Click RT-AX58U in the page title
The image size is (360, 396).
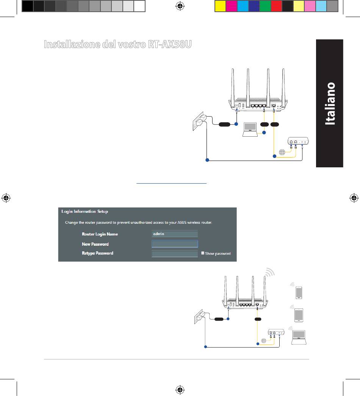[x=169, y=44]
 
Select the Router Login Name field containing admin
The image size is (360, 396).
[x=175, y=234]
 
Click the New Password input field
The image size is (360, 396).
[x=175, y=244]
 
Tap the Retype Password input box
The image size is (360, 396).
[x=175, y=253]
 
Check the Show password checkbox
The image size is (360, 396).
[x=203, y=253]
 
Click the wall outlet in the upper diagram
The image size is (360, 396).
[x=199, y=122]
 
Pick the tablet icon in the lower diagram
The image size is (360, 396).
[x=299, y=315]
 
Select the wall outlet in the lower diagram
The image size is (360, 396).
[x=199, y=318]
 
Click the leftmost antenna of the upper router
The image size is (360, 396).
[x=232, y=85]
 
